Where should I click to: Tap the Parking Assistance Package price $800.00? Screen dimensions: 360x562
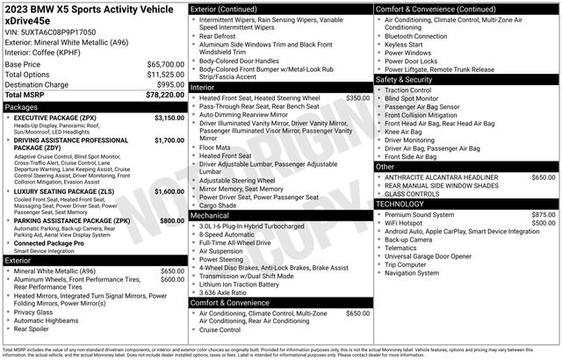(x=171, y=220)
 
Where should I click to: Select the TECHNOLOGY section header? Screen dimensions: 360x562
(x=400, y=204)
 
